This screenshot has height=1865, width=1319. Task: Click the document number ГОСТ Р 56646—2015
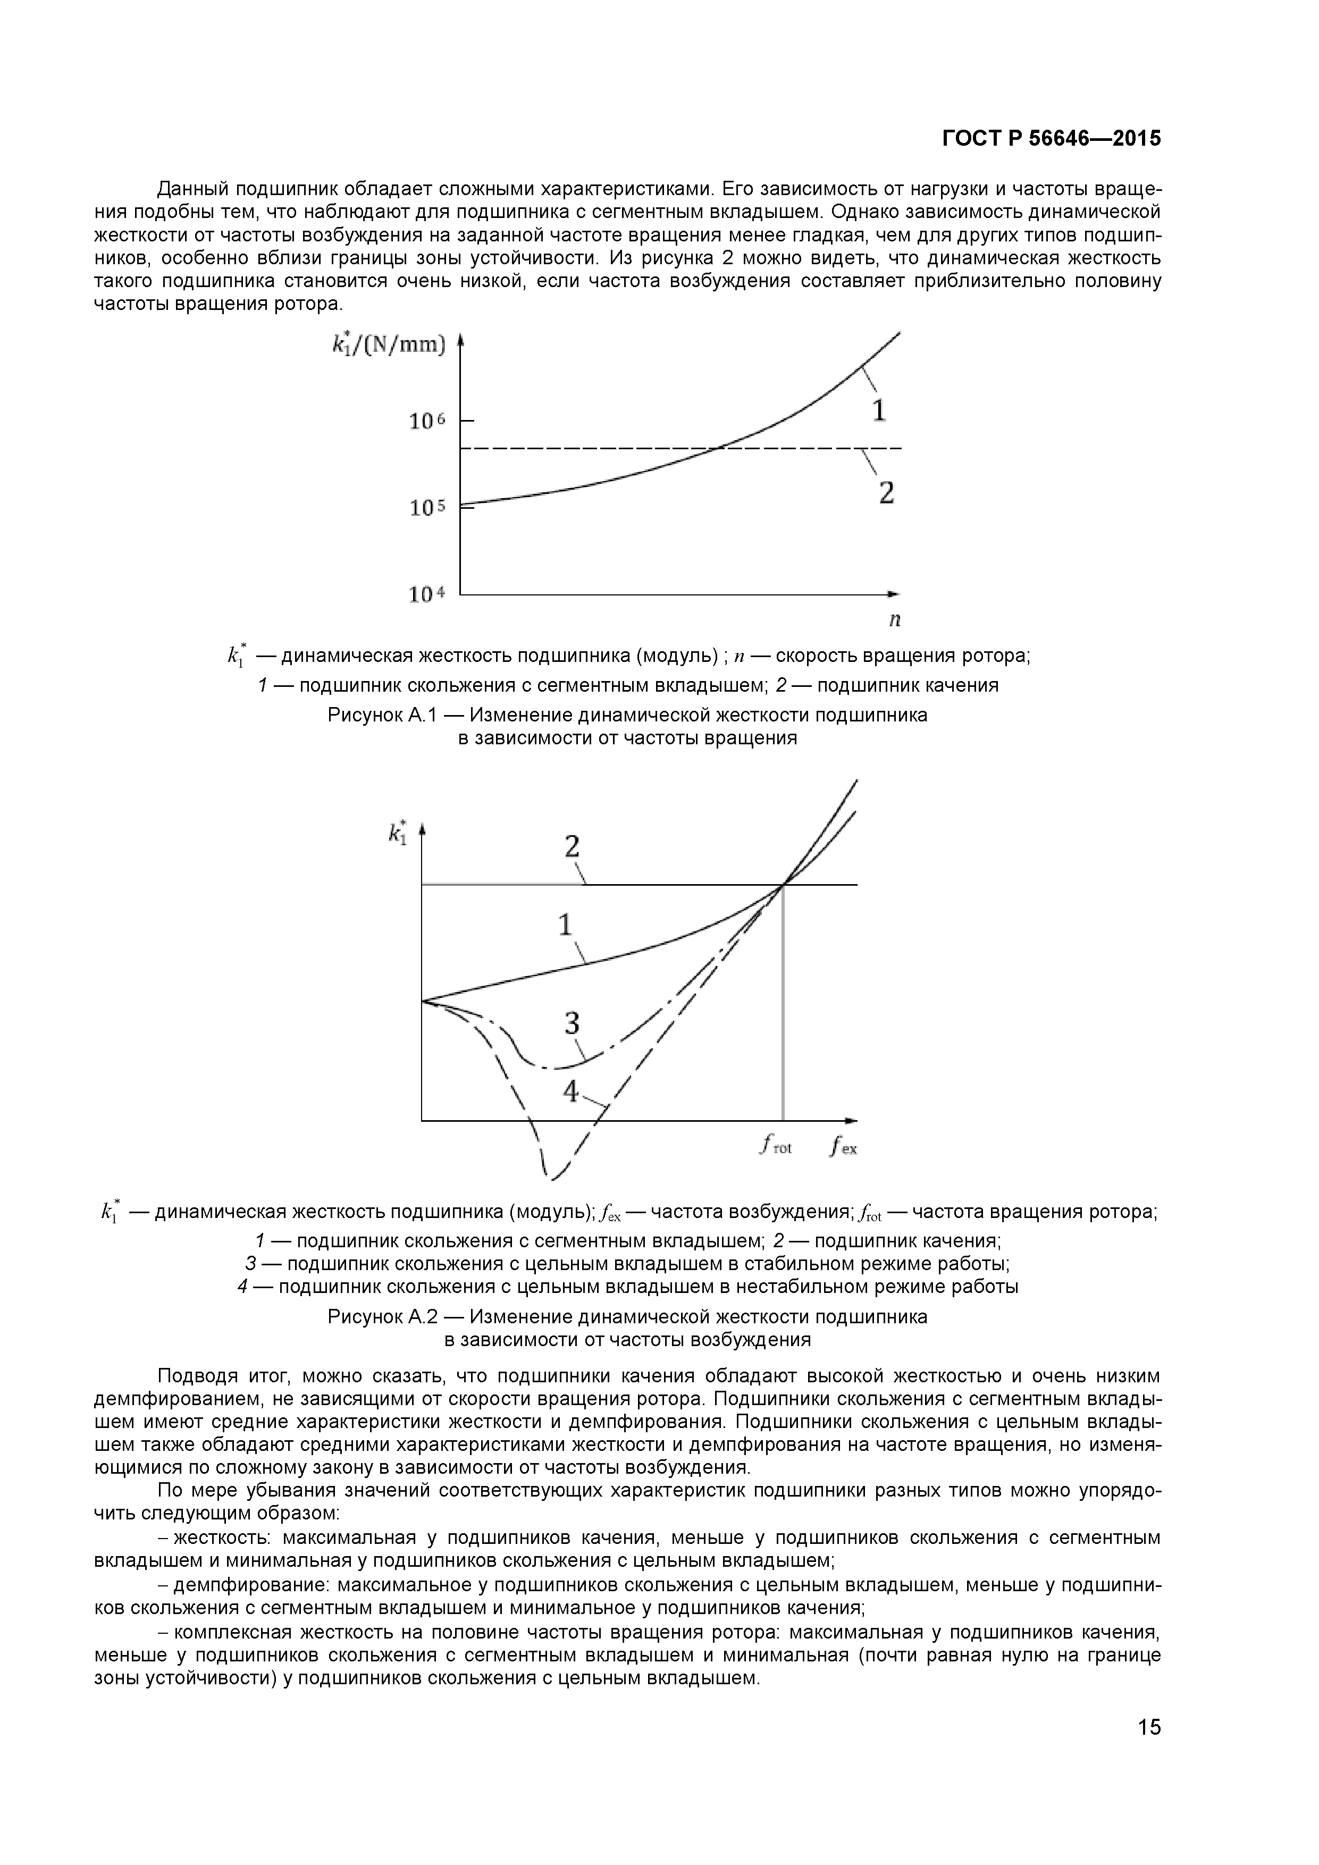click(1051, 139)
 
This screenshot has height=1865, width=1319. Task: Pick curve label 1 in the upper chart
click(879, 410)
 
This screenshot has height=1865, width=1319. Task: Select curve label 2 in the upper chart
click(886, 492)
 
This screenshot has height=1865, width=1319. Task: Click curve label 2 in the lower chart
click(572, 847)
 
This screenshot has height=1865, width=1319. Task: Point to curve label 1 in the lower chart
click(565, 925)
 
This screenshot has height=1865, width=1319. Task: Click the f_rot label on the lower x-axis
click(776, 1146)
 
